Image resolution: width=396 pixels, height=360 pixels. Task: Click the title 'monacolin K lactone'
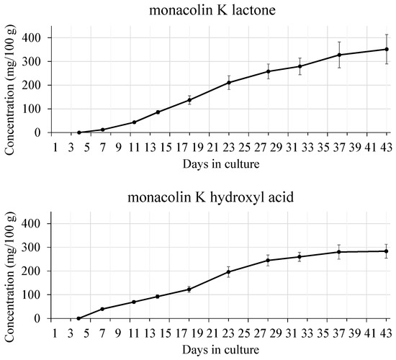coord(217,9)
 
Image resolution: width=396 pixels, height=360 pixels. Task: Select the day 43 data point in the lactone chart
coord(387,49)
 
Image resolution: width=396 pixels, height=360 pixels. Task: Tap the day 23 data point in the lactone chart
coord(229,82)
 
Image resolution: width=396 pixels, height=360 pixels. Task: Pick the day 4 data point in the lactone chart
coord(78,132)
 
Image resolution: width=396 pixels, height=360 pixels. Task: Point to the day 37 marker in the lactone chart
coord(339,55)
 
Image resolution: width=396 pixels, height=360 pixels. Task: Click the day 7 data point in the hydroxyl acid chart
coord(102,309)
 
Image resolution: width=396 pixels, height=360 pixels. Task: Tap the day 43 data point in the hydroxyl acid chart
coord(387,251)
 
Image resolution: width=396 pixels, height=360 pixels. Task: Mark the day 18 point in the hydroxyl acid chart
coord(189,289)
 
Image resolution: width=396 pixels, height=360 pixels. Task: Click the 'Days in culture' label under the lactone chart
coord(220,163)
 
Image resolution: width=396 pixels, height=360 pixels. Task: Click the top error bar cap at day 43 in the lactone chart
coord(387,34)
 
